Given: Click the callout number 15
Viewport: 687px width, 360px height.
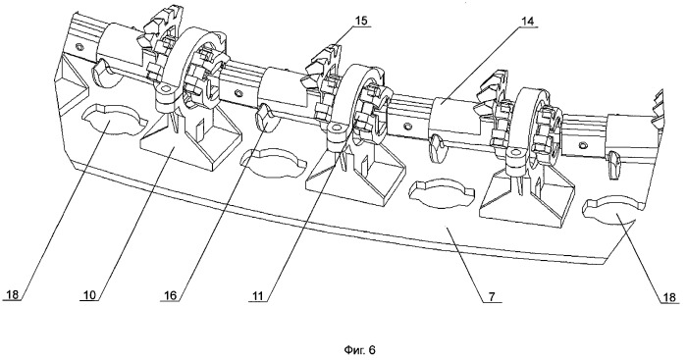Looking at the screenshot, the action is tap(362, 21).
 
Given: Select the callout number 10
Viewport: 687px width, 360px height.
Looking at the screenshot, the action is tap(90, 294).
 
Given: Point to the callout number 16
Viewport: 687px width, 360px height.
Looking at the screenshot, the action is tap(171, 295).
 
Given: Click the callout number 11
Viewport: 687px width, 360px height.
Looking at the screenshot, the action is tap(258, 295).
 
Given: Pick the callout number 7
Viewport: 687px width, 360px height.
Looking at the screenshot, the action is tap(492, 296).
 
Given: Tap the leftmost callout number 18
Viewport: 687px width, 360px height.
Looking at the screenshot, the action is tap(13, 294).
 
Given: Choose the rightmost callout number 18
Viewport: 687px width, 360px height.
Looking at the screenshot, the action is tap(670, 297).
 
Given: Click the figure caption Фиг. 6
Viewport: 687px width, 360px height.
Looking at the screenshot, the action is tap(360, 349).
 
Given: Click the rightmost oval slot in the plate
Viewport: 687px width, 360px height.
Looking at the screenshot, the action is tap(613, 212).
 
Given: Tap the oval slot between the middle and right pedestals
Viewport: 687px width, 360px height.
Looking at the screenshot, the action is tap(442, 192).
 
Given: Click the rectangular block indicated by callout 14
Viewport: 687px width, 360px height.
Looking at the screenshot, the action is tap(454, 117).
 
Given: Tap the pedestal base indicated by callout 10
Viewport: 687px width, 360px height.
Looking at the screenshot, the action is tap(191, 140).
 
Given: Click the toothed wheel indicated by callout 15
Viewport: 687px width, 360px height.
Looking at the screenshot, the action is tap(323, 62).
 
